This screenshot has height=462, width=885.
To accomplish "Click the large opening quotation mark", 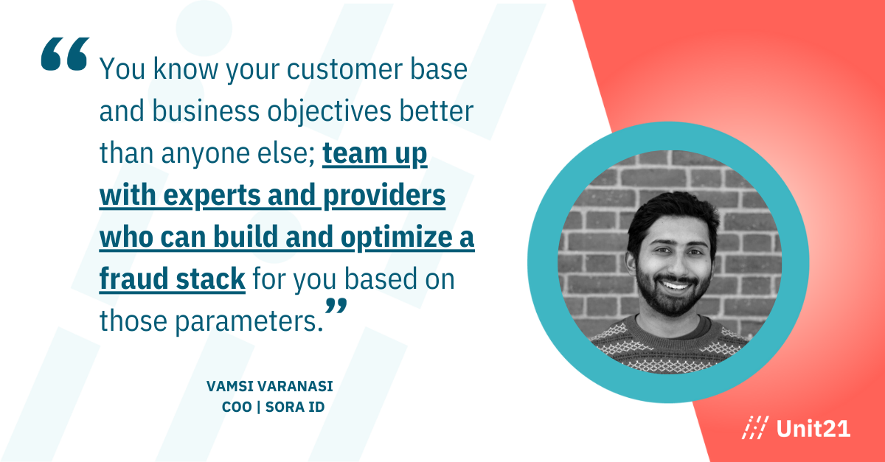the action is click(x=65, y=54).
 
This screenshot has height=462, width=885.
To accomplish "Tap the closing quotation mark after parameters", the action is click(x=336, y=307).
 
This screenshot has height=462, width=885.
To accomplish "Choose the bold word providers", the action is click(x=384, y=195).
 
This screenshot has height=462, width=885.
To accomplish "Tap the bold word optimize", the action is click(x=396, y=238).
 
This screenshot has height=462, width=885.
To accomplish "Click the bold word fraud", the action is click(x=133, y=279).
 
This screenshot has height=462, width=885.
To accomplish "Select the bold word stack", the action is click(x=211, y=279).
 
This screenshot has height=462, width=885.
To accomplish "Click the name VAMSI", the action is click(x=229, y=386).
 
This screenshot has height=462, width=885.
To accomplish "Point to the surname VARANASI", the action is click(x=295, y=386).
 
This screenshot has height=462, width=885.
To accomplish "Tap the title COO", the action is click(x=237, y=407).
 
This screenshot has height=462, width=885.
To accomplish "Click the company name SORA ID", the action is click(x=295, y=407).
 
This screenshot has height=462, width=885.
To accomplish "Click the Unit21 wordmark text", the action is click(x=813, y=429).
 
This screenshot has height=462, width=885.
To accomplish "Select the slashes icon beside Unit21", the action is click(x=755, y=427).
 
